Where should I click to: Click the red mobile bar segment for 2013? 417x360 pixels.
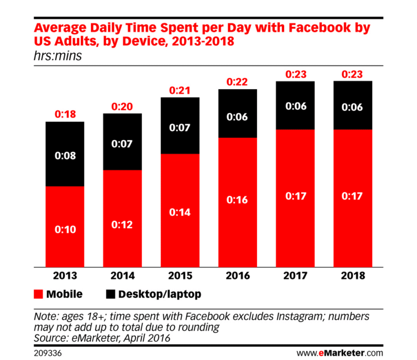tap(65, 244)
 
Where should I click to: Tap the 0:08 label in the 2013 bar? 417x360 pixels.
tap(65, 156)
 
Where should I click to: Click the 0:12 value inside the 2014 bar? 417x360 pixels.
tap(122, 224)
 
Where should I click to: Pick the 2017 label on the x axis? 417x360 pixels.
tap(295, 276)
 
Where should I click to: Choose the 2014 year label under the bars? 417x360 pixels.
tap(122, 276)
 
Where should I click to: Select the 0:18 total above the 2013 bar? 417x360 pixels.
tap(65, 114)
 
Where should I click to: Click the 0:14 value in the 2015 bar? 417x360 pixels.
tap(180, 212)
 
